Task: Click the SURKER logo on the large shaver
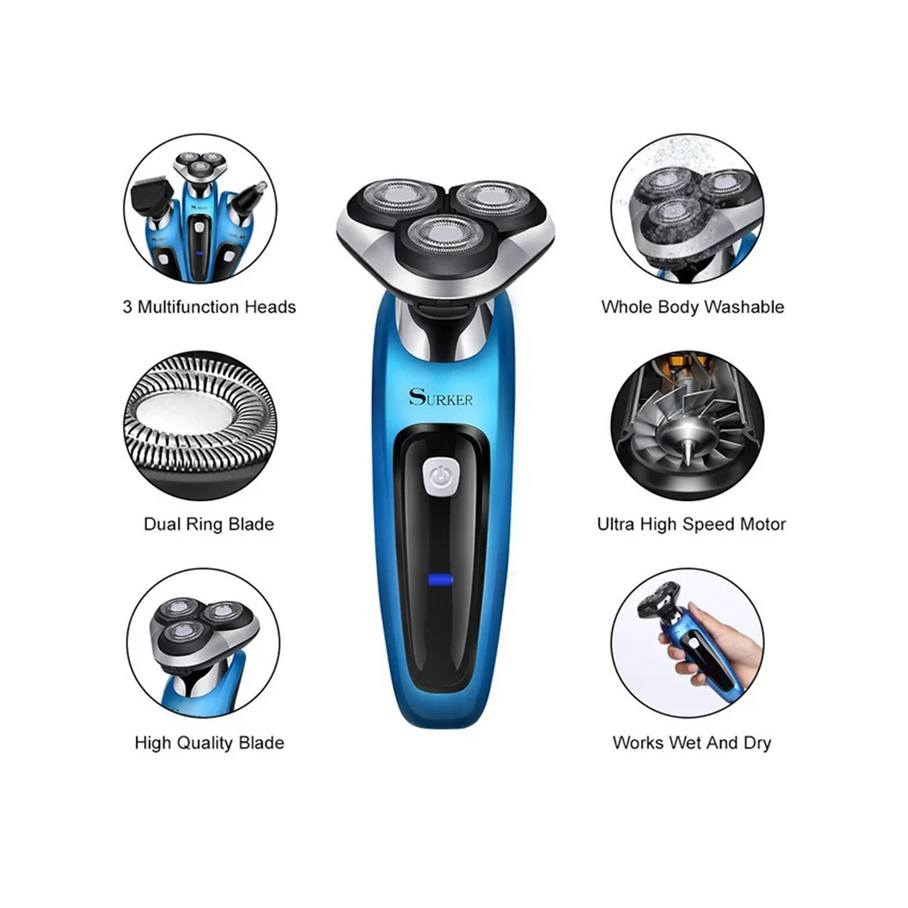440,398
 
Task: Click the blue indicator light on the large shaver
440,579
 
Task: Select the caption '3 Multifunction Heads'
209,307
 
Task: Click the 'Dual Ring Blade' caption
209,525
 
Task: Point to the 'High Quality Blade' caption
209,743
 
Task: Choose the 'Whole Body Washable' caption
693,307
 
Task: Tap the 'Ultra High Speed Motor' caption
691,525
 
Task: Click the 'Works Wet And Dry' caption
692,743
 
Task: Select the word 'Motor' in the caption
764,525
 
